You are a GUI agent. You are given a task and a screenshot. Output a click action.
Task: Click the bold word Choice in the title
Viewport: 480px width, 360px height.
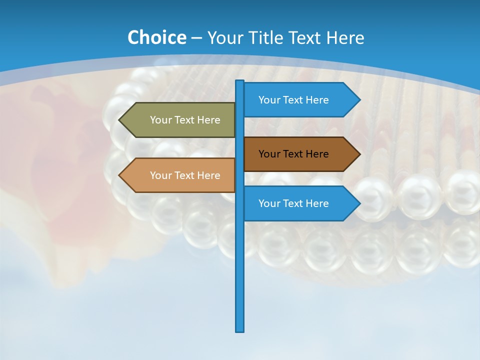click(156, 37)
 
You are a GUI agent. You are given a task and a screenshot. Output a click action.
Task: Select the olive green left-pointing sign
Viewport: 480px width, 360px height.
click(180, 120)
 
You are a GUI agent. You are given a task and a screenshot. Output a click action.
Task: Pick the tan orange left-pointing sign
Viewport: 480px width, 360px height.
click(180, 175)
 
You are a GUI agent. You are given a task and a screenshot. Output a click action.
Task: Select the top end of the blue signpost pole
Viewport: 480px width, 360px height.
click(240, 81)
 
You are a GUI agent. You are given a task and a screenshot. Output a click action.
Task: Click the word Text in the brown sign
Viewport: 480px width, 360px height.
click(293, 154)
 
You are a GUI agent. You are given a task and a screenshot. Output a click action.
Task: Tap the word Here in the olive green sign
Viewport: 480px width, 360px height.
click(208, 120)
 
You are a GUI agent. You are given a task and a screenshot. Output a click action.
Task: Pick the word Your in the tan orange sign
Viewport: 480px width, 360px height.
click(161, 175)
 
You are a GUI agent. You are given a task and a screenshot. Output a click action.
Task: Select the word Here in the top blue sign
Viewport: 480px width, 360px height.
click(317, 100)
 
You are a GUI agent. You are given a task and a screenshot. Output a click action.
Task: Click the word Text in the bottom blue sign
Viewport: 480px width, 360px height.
click(293, 203)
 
